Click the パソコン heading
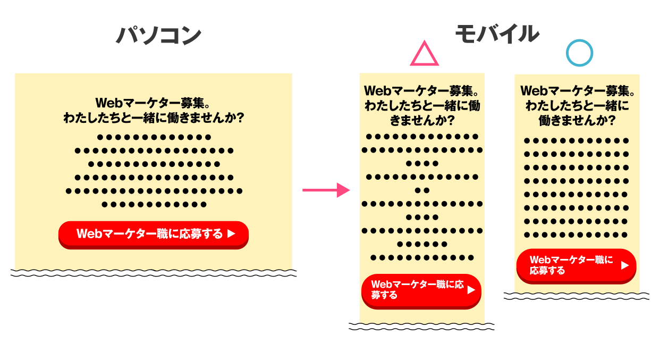pyautogui.click(x=159, y=36)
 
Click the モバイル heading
pyautogui.click(x=497, y=34)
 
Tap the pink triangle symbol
pyautogui.click(x=424, y=55)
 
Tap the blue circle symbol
pyautogui.click(x=579, y=53)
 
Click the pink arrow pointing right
pyautogui.click(x=326, y=190)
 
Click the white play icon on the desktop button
pyautogui.click(x=231, y=233)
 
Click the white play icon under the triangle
pyautogui.click(x=471, y=290)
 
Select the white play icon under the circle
pyautogui.click(x=625, y=265)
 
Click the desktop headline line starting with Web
pyautogui.click(x=154, y=102)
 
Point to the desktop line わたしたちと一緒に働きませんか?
pyautogui.click(x=154, y=118)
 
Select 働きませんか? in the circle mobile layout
pyautogui.click(x=577, y=121)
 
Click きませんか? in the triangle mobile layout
pyautogui.click(x=422, y=121)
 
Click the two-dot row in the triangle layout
pyautogui.click(x=422, y=190)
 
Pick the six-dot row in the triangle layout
pyautogui.click(x=422, y=244)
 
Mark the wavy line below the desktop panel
pyautogui.click(x=154, y=273)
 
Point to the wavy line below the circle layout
pyautogui.click(x=577, y=296)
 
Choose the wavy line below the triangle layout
pyautogui.click(x=421, y=326)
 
